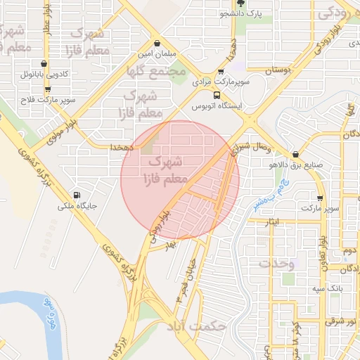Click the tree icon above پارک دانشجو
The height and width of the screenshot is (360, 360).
tap(241, 4)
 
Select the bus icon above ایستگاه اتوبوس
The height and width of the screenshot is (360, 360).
tap(216, 95)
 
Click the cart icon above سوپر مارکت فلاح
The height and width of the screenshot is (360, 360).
tap(48, 89)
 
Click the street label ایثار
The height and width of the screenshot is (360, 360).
tap(274, 221)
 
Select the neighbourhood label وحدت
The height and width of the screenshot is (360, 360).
tap(276, 264)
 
